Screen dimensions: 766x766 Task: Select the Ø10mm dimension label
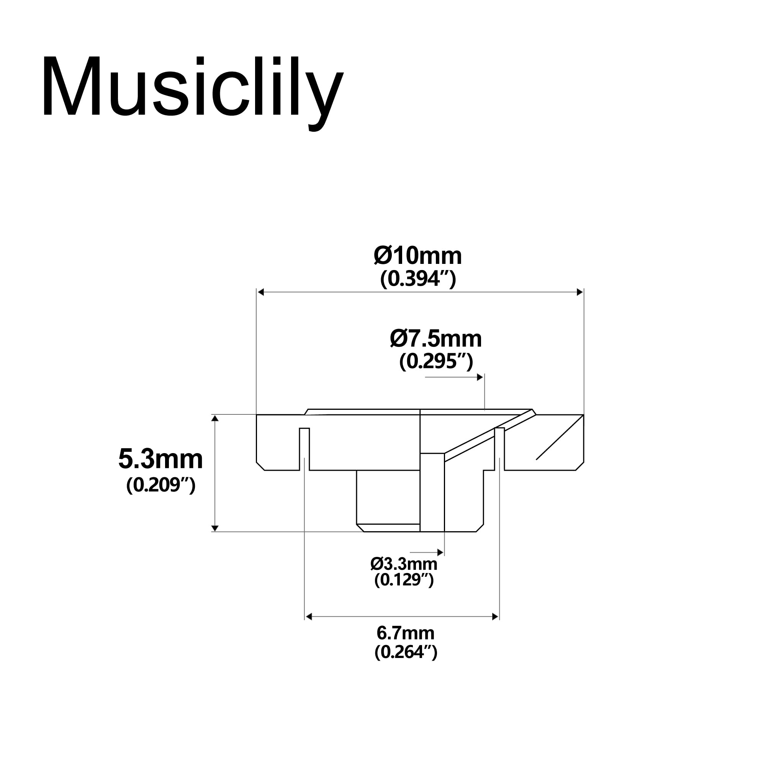pyautogui.click(x=418, y=256)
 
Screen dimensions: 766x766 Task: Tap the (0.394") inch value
pyautogui.click(x=418, y=279)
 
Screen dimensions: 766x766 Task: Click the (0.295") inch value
pyautogui.click(x=436, y=361)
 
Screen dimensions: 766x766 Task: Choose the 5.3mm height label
pyautogui.click(x=160, y=459)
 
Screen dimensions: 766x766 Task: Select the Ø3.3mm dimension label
pyautogui.click(x=404, y=563)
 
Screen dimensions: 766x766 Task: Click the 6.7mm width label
pyautogui.click(x=405, y=633)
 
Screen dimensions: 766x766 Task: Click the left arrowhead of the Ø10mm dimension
pyautogui.click(x=260, y=292)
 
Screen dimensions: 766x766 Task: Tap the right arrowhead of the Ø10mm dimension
pyautogui.click(x=579, y=292)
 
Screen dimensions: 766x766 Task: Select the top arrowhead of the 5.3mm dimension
pyautogui.click(x=215, y=418)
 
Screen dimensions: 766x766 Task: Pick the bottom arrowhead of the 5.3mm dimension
pyautogui.click(x=215, y=528)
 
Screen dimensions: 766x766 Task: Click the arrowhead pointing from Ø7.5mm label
pyautogui.click(x=480, y=377)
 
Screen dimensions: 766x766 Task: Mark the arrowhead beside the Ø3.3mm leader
pyautogui.click(x=440, y=552)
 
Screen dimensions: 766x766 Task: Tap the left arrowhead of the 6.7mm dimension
pyautogui.click(x=309, y=617)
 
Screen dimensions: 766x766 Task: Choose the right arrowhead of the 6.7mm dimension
pyautogui.click(x=495, y=617)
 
